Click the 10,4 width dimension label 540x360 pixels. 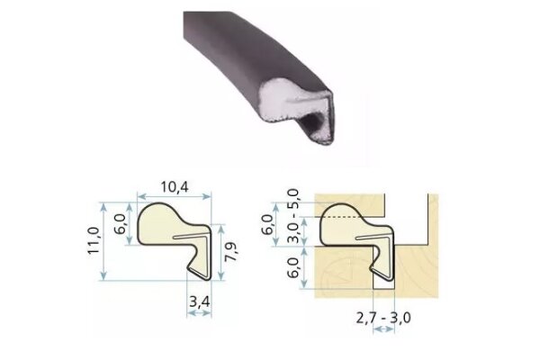click(175, 187)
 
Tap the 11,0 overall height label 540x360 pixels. click(94, 240)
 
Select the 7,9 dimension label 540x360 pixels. click(231, 251)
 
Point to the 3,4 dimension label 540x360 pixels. click(200, 302)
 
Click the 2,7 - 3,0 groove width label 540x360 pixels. click(383, 318)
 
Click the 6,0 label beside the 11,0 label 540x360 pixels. click(121, 224)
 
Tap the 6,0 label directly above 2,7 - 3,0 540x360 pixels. click(293, 267)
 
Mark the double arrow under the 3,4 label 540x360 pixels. click(199, 313)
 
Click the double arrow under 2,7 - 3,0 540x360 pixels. click(383, 329)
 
